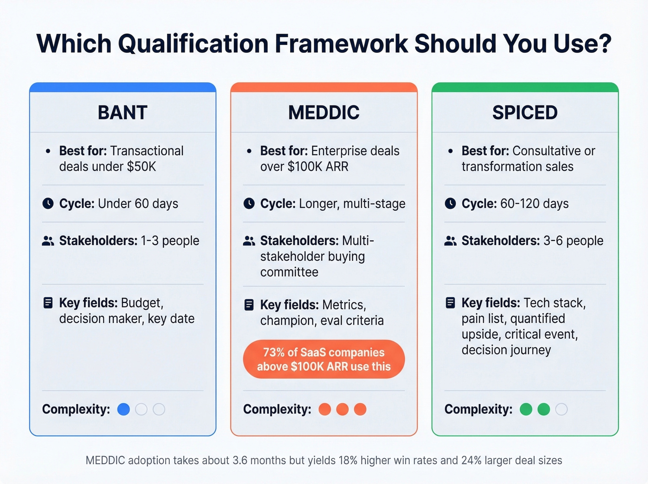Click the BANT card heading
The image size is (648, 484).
(123, 113)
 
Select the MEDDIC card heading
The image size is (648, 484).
(324, 113)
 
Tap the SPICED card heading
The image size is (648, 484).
(525, 113)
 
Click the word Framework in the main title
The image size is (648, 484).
(341, 44)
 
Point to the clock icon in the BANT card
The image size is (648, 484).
(48, 203)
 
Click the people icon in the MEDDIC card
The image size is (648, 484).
(249, 241)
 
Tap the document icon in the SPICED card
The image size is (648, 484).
(450, 303)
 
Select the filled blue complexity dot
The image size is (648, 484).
(124, 409)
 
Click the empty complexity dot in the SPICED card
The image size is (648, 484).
(561, 409)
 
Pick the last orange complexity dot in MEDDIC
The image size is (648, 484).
(360, 409)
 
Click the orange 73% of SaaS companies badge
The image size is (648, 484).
(324, 359)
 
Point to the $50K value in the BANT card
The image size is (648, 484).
(142, 167)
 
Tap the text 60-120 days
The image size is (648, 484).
(535, 204)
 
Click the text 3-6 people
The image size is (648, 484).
(573, 241)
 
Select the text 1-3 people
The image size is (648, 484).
(170, 241)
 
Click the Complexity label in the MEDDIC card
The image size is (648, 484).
(277, 409)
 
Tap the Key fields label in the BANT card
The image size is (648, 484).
(88, 303)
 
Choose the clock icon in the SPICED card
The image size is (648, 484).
(450, 203)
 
